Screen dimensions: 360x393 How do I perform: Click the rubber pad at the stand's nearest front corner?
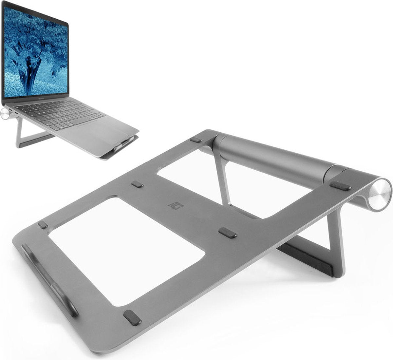132,317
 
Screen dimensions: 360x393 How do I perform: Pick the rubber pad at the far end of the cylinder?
196,140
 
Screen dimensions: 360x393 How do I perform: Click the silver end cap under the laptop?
5,114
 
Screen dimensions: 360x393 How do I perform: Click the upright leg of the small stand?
19,131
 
